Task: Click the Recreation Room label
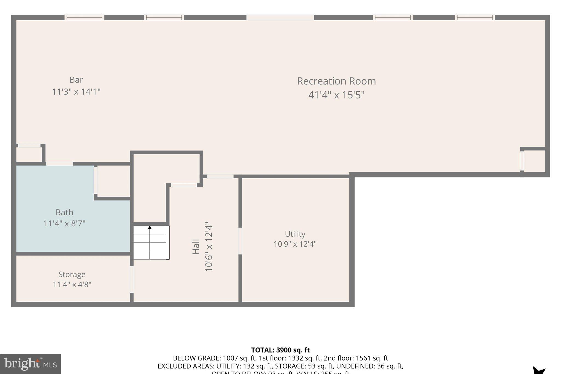[x=336, y=81]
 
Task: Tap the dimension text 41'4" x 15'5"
[x=336, y=95]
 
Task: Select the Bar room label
[x=76, y=80]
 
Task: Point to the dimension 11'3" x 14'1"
[x=76, y=92]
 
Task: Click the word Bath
[x=64, y=212]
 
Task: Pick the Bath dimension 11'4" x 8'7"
[x=64, y=224]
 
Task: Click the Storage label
[x=72, y=274]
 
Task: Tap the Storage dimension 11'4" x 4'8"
[x=72, y=284]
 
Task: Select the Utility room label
[x=295, y=234]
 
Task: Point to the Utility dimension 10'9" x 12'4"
[x=295, y=244]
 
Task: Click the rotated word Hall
[x=196, y=247]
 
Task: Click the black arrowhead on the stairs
[x=150, y=227]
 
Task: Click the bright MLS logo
[x=30, y=364]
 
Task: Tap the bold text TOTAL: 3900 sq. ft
[x=280, y=350]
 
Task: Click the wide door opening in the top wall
[x=280, y=17]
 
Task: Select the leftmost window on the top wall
[x=84, y=17]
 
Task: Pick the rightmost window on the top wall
[x=475, y=17]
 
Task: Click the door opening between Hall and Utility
[x=240, y=241]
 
